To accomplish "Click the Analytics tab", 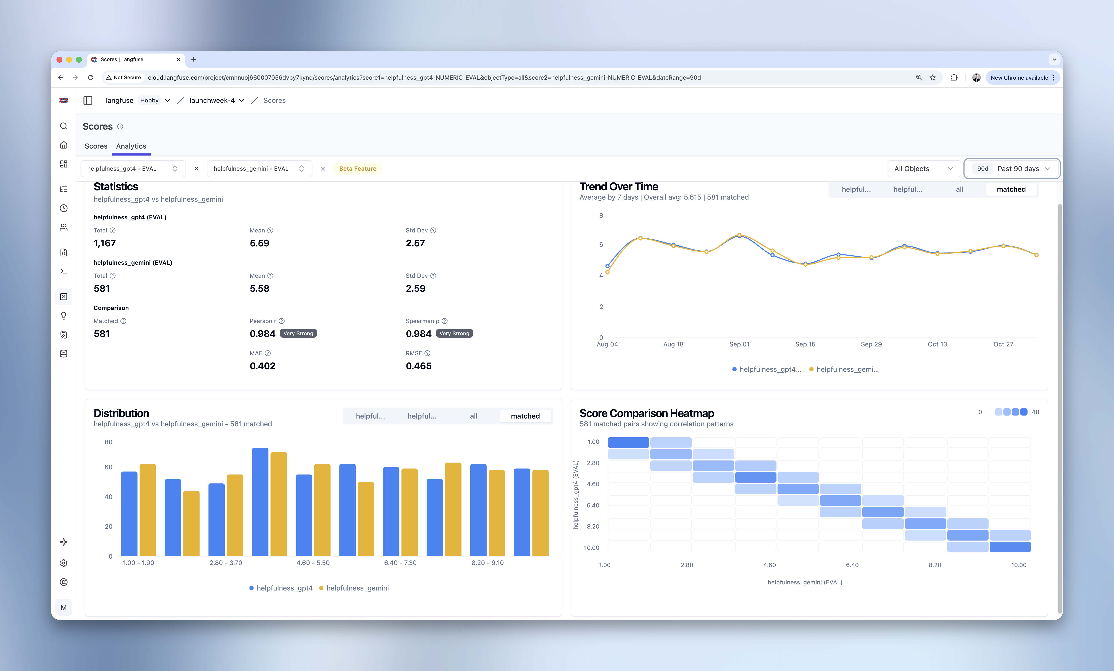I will pos(131,146).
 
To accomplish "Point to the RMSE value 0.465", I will pos(418,366).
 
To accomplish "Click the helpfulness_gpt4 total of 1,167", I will pos(104,243).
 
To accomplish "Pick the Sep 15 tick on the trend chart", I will pos(805,344).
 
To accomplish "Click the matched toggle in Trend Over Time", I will pos(1011,189).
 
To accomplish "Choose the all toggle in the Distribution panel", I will pos(473,416).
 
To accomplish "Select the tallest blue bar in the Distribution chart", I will pos(260,502).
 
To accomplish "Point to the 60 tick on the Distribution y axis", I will pos(109,467).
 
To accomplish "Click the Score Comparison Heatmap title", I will pos(647,413).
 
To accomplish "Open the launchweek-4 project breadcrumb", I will pos(216,100).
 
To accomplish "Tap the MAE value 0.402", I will pos(262,366).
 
